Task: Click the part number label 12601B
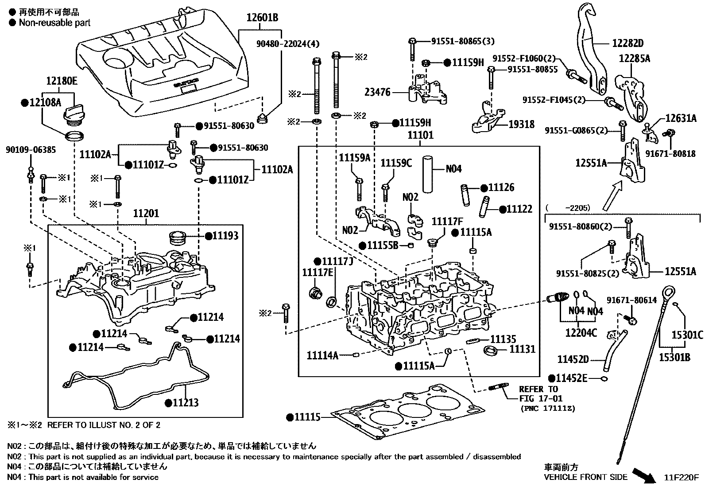point(263,18)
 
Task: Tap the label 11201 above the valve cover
point(146,214)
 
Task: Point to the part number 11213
point(185,403)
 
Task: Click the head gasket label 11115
point(307,417)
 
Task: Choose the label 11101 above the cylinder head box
point(420,135)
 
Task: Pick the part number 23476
point(377,92)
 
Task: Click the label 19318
point(521,125)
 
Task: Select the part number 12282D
point(628,43)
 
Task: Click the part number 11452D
point(573,358)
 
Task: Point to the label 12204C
point(581,332)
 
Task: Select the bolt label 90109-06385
point(31,150)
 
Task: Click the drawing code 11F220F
point(681,478)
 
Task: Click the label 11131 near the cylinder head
point(522,349)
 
